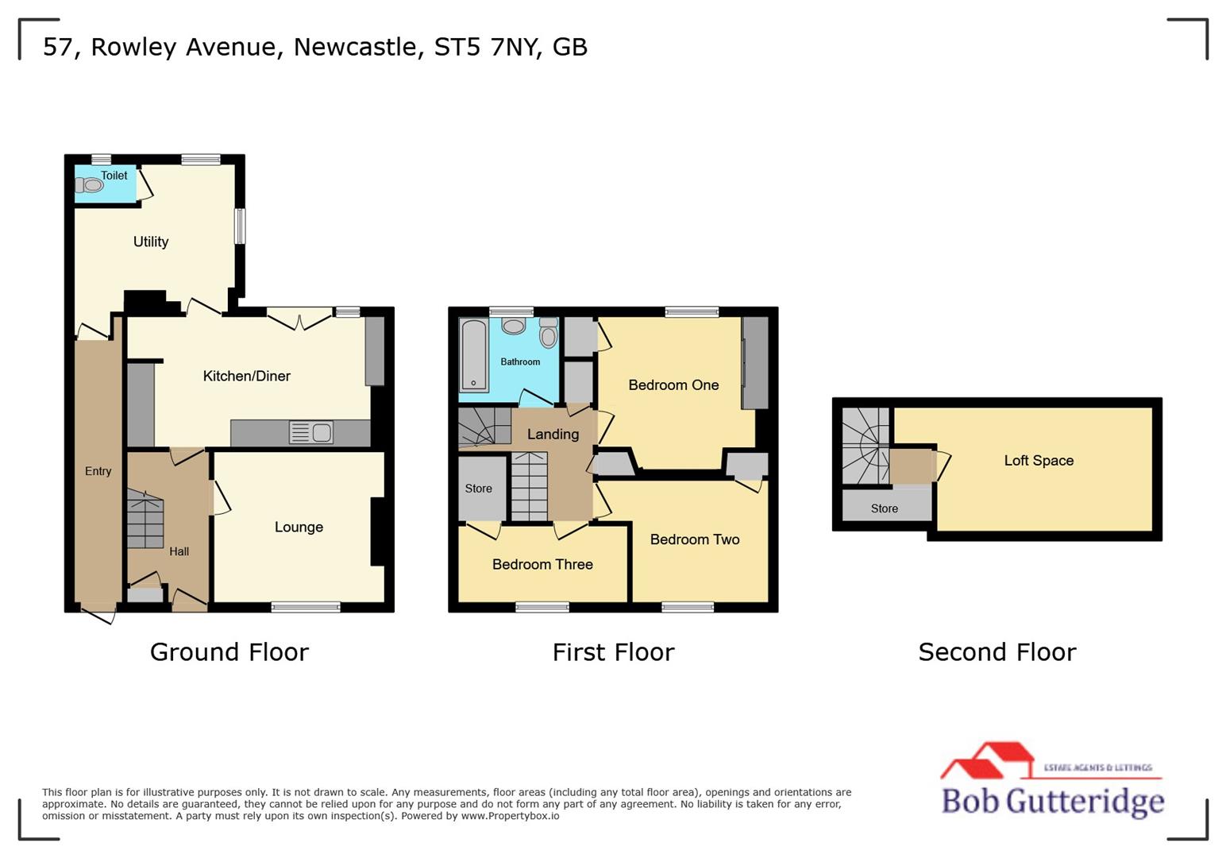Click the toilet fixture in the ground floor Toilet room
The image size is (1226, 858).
tap(91, 185)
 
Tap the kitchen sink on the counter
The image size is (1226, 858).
tap(312, 433)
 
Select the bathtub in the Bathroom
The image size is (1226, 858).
tap(474, 355)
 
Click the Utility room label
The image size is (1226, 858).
tap(151, 242)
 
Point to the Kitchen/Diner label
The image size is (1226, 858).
tap(247, 376)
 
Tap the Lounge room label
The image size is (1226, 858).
tap(299, 527)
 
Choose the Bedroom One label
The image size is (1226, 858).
tap(673, 385)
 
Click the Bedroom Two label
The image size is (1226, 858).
tap(695, 539)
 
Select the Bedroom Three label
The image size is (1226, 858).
tap(542, 565)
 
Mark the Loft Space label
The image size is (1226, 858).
tap(1039, 461)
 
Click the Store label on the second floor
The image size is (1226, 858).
tap(884, 508)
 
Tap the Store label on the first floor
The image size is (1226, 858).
tap(478, 489)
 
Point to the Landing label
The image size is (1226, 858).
tap(553, 435)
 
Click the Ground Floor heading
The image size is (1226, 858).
tap(229, 652)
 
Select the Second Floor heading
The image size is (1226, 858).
tap(997, 652)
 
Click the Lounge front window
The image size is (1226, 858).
tap(306, 608)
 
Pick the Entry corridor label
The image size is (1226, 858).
tap(98, 471)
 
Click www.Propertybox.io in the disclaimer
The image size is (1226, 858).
tap(510, 816)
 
